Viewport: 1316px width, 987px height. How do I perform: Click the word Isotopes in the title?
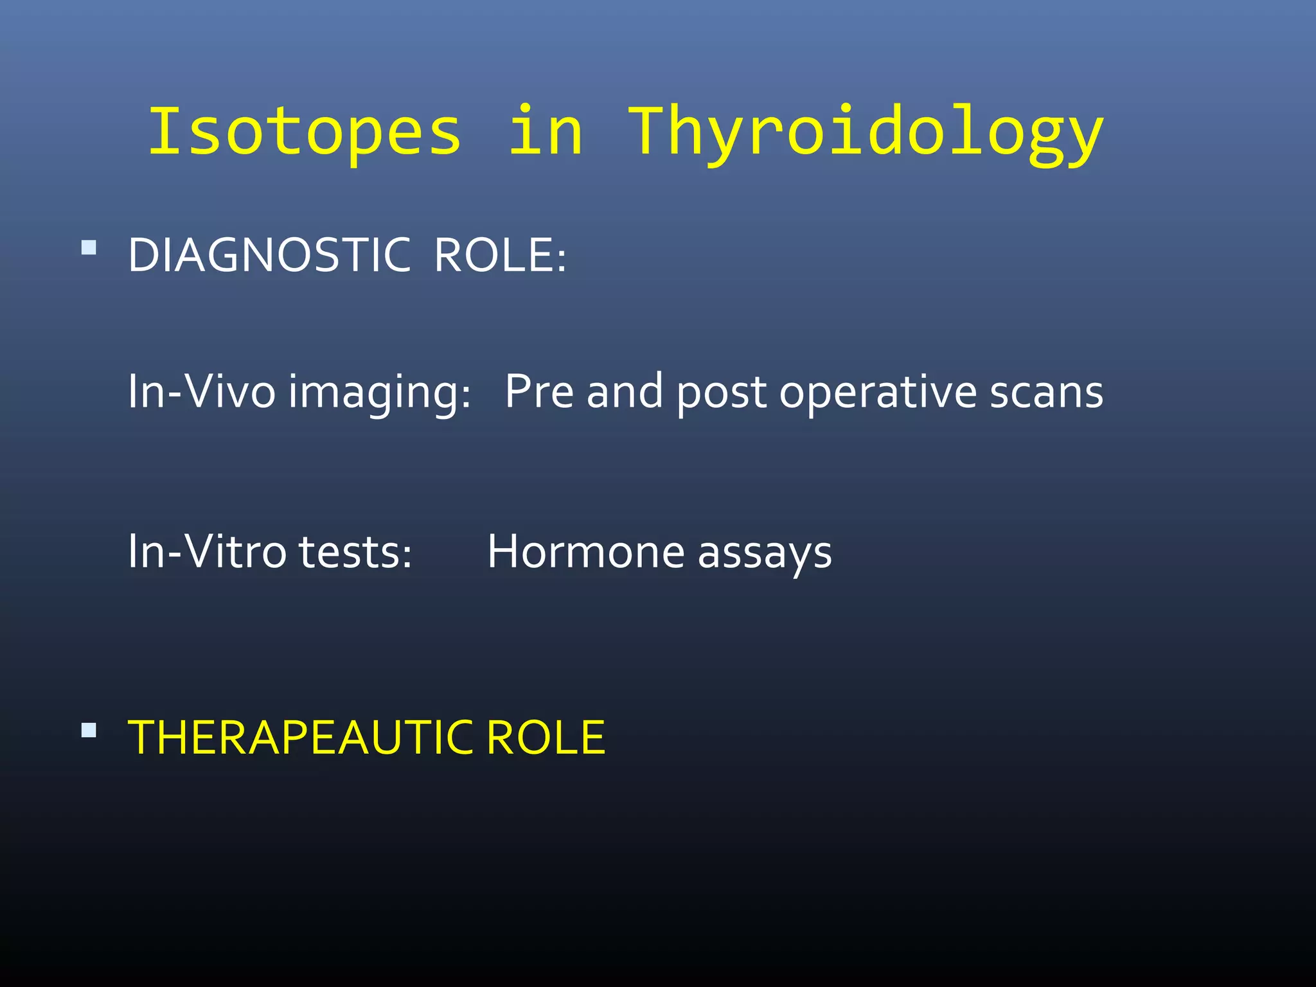click(x=305, y=132)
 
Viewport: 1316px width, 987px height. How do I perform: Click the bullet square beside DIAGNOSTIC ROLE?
click(x=89, y=247)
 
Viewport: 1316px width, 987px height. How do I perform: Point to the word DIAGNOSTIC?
click(x=269, y=255)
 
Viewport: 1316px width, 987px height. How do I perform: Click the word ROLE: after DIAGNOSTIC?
click(x=500, y=255)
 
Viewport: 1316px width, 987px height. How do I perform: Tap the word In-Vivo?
click(x=201, y=391)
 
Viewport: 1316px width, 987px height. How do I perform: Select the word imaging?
click(x=379, y=393)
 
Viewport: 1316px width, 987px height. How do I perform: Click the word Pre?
click(x=538, y=391)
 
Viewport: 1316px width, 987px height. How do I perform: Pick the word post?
click(x=721, y=393)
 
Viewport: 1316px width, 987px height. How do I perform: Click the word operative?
click(x=878, y=393)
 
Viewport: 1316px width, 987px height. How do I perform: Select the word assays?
click(x=765, y=554)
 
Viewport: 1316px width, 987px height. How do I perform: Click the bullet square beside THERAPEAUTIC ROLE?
click(x=89, y=730)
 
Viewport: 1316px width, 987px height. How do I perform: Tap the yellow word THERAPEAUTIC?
click(x=301, y=737)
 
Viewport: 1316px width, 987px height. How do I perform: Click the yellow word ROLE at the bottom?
click(x=546, y=737)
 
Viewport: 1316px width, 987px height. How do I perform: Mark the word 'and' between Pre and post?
click(x=625, y=391)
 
